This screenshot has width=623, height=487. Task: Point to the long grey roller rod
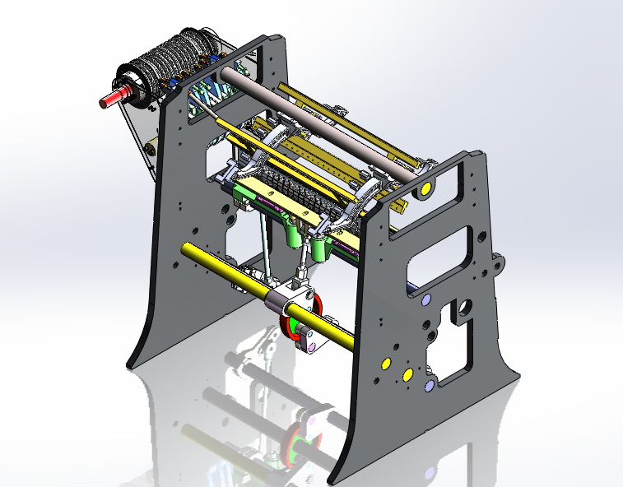(x=313, y=119)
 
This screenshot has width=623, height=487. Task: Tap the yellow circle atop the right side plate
(x=426, y=190)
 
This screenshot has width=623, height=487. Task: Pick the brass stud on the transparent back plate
(x=151, y=148)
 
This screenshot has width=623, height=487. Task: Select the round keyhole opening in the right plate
(x=463, y=308)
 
